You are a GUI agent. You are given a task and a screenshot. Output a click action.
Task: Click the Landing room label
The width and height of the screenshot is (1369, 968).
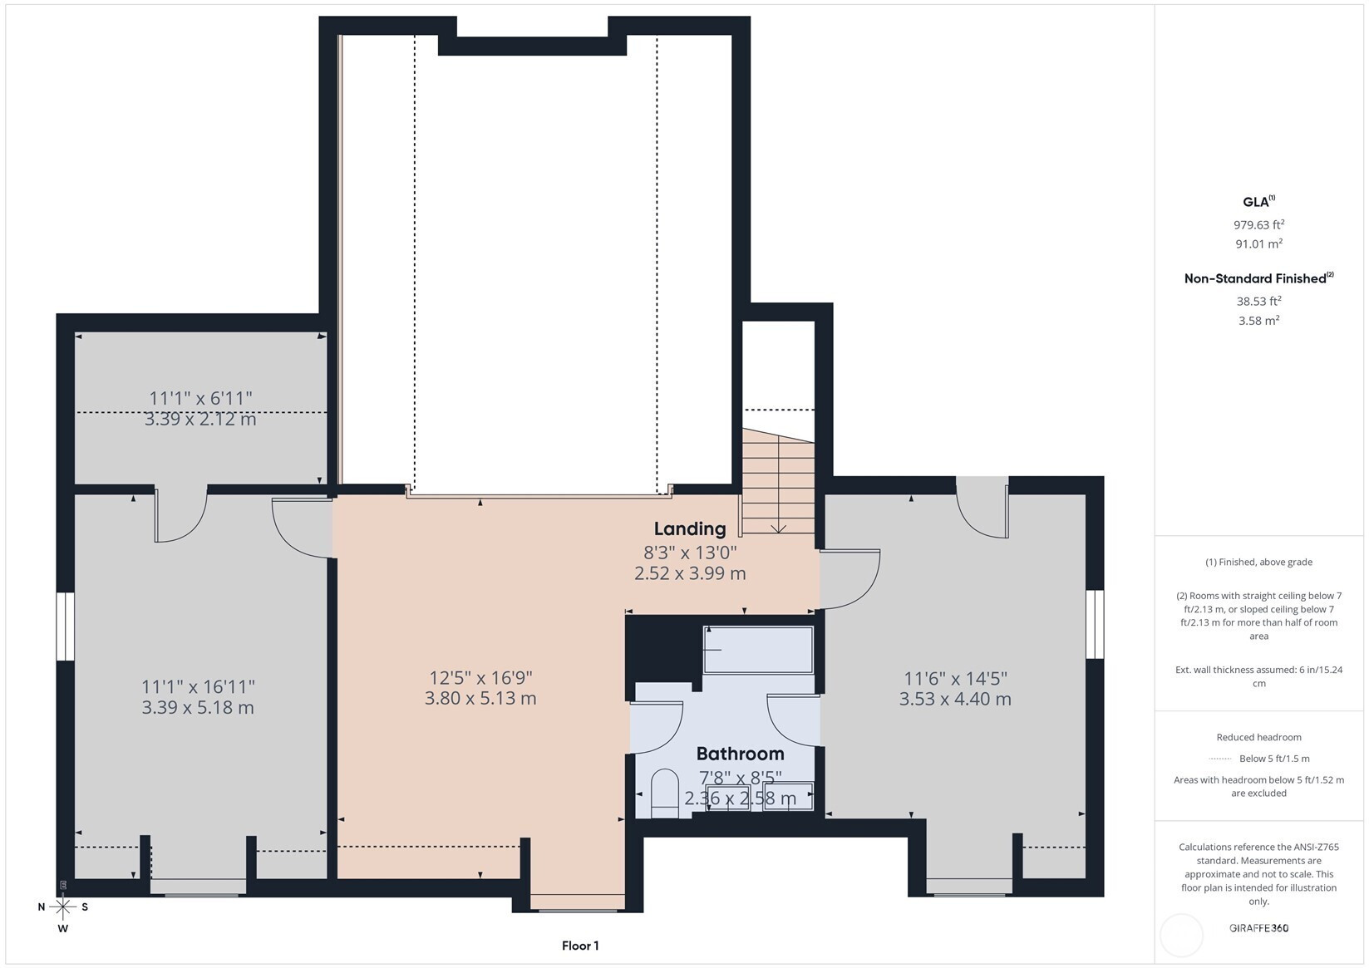(690, 528)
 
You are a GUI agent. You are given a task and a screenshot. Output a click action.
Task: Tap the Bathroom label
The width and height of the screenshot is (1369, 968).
(740, 754)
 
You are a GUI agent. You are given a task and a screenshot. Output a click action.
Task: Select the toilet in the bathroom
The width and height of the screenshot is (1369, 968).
(664, 794)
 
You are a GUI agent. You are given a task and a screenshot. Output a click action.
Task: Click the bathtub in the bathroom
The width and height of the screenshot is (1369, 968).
(758, 650)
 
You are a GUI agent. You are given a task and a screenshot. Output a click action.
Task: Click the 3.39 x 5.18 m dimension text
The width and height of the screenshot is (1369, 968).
(198, 708)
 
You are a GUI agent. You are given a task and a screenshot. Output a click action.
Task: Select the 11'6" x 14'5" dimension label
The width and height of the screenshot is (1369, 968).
(955, 678)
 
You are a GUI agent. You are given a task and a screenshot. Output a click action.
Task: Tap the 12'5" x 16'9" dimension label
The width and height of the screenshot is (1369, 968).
(481, 678)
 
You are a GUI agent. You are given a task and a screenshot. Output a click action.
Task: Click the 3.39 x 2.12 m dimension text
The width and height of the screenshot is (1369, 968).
(199, 420)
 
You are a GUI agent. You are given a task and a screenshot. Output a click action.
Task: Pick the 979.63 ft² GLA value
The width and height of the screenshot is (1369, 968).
(1258, 225)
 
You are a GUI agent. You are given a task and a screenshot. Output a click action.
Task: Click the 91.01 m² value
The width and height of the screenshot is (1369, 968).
(1258, 243)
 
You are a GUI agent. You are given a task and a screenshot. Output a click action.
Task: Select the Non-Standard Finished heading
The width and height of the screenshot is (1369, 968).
(1258, 278)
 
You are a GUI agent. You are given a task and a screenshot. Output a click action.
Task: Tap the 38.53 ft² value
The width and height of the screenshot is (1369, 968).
(1258, 302)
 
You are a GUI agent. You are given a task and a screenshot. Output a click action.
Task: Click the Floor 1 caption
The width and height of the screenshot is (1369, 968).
(580, 946)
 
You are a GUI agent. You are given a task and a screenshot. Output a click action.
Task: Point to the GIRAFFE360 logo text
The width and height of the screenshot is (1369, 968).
(1259, 927)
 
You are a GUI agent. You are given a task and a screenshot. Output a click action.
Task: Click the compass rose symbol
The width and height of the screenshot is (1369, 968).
(63, 907)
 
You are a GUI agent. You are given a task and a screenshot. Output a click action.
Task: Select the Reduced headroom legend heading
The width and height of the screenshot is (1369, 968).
(1258, 737)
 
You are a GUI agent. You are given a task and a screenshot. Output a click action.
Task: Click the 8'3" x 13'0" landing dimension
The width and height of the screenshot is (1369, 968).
(690, 553)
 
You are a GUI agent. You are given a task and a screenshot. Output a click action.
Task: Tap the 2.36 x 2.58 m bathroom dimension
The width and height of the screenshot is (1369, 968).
(740, 798)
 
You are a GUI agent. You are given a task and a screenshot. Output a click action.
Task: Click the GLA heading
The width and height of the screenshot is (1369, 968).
(1258, 202)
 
